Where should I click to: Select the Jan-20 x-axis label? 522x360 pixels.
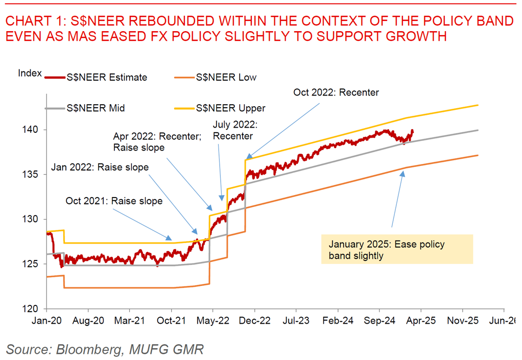click(x=47, y=321)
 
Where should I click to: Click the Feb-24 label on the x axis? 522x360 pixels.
click(x=338, y=321)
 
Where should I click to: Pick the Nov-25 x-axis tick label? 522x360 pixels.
click(x=462, y=321)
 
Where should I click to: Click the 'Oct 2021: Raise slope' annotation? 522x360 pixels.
click(x=114, y=201)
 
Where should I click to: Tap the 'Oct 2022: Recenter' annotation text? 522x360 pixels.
click(x=336, y=92)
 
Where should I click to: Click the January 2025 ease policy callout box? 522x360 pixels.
click(x=397, y=249)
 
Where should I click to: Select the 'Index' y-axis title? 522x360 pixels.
click(x=30, y=73)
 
